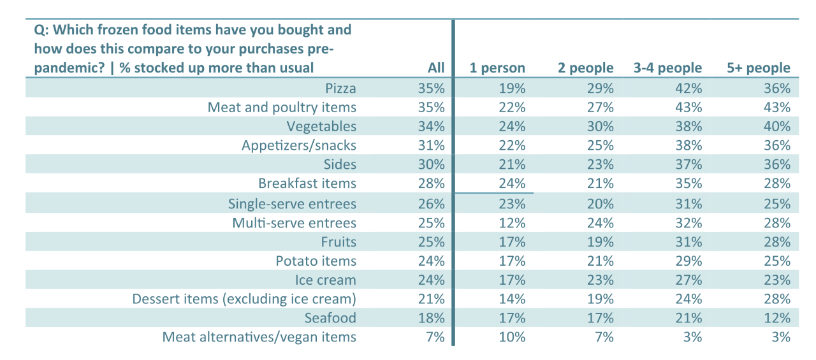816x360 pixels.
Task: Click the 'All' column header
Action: [x=435, y=68]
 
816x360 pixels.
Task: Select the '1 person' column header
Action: [x=497, y=68]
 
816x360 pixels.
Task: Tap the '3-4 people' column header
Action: [x=667, y=68]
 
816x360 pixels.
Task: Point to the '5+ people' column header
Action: [x=759, y=68]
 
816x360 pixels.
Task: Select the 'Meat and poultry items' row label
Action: [x=282, y=107]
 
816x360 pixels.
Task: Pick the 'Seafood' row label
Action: [x=330, y=318]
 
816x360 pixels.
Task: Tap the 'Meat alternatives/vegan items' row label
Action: [x=259, y=337]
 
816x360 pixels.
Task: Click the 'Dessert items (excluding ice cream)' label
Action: [x=244, y=299]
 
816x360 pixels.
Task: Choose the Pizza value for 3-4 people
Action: [x=689, y=88]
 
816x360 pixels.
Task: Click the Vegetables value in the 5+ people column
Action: [x=778, y=126]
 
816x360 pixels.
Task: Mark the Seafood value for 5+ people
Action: [x=778, y=318]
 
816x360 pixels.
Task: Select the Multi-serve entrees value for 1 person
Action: [x=513, y=223]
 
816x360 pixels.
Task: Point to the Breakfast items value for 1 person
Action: [x=513, y=184]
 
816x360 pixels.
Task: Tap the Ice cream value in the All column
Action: [x=432, y=280]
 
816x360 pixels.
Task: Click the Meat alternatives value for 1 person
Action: [x=513, y=337]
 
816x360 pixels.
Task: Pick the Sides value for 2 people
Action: [x=601, y=164]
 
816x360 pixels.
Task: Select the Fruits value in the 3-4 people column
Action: [x=689, y=242]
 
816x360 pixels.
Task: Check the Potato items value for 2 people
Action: [x=601, y=261]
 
